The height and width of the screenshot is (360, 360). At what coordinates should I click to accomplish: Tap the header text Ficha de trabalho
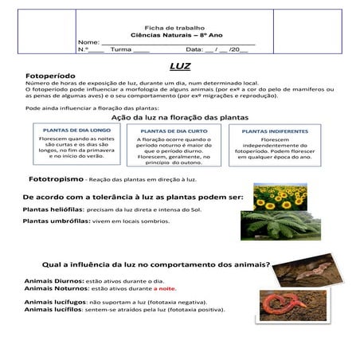click(178, 26)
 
